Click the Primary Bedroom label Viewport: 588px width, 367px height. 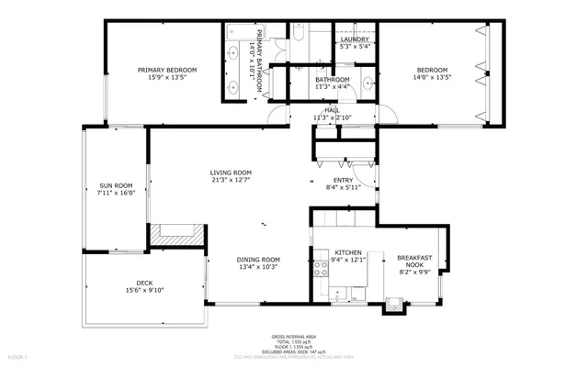pos(167,70)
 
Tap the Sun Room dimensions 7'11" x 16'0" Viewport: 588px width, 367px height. pos(116,193)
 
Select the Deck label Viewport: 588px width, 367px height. pos(144,283)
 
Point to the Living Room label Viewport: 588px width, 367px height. pos(231,172)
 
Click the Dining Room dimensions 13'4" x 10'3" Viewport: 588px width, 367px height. pos(259,267)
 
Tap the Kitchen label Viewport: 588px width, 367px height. pos(348,252)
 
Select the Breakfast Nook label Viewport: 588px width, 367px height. pos(413,261)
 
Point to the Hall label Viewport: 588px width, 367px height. pos(332,110)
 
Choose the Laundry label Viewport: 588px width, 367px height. pos(355,39)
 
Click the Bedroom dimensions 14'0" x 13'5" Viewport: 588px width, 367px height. pos(432,78)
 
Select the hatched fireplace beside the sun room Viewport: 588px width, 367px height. pos(168,235)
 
